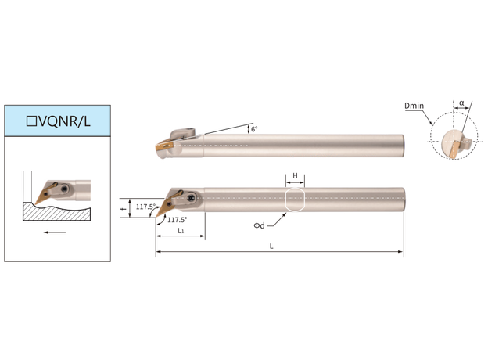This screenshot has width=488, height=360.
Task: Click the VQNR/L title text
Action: [x=64, y=121]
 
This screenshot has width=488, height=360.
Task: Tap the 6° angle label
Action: [x=254, y=129]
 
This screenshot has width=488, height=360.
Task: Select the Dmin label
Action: [x=414, y=106]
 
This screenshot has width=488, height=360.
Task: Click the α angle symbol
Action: [x=461, y=103]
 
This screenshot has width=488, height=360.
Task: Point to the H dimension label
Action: [x=295, y=175]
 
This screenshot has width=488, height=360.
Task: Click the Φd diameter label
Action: [x=259, y=225]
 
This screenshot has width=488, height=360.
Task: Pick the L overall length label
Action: [x=271, y=247]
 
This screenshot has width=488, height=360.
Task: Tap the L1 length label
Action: [x=181, y=231]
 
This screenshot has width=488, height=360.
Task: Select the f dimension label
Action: [x=124, y=207]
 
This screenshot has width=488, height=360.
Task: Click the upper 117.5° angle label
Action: [x=145, y=207]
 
